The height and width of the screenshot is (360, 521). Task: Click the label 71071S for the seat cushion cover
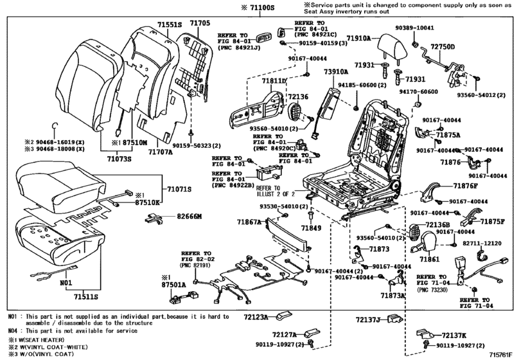pos(180,190)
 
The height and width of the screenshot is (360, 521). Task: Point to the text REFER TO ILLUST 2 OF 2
pos(277,190)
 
